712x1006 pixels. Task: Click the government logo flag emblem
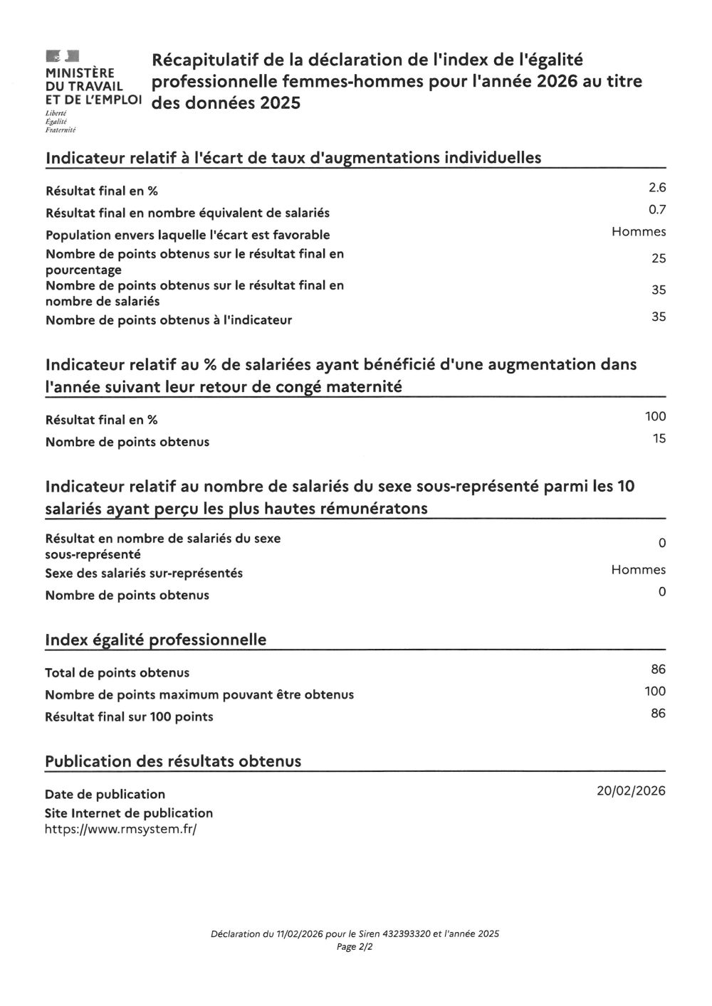[62, 55]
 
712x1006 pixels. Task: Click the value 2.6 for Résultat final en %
[656, 188]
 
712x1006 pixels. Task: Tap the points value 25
[659, 258]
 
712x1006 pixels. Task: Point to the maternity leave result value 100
[655, 416]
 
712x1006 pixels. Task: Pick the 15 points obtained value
[659, 438]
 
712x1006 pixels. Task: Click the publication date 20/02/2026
[632, 790]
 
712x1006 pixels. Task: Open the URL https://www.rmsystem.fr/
[120, 829]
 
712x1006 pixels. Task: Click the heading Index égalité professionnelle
[156, 640]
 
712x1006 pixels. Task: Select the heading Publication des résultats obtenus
[173, 761]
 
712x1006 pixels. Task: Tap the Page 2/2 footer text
[355, 947]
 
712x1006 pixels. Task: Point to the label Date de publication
[105, 794]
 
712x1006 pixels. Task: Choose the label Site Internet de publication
[129, 812]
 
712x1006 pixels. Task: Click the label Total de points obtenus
[117, 672]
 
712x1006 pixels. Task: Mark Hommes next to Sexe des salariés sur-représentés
[639, 570]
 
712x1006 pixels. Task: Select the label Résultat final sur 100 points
[129, 716]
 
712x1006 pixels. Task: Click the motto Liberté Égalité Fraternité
[61, 122]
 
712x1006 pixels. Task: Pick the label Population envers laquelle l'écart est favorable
[188, 235]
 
